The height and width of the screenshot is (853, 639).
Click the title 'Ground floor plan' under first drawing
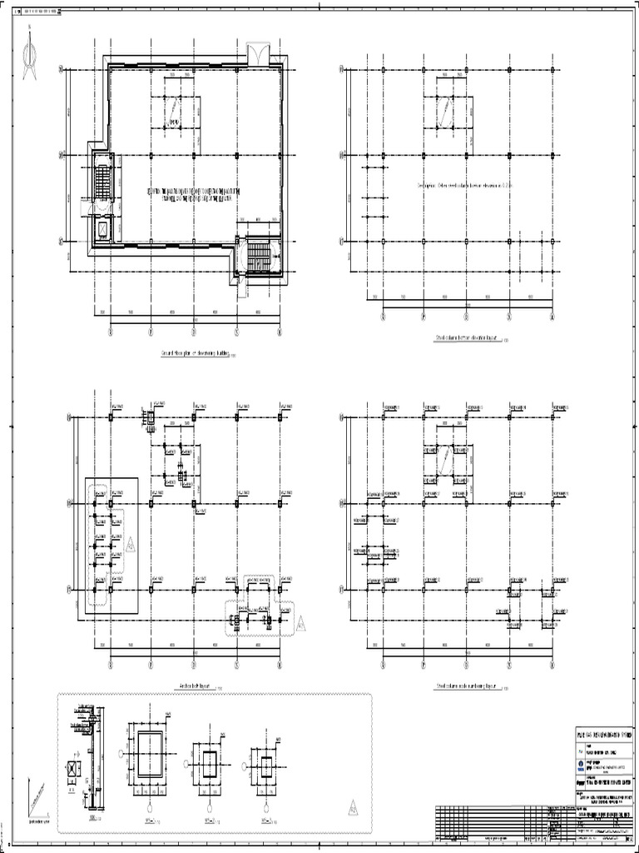[194, 354]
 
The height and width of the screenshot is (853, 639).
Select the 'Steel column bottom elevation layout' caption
[466, 339]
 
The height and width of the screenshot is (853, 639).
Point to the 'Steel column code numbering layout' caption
[466, 686]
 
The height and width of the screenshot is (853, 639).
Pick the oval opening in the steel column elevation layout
[447, 111]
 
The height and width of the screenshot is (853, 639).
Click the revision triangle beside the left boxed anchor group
[131, 545]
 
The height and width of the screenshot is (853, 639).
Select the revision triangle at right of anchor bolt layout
[301, 621]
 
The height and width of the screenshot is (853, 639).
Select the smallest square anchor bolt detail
[265, 764]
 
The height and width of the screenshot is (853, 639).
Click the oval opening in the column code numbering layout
[447, 458]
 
